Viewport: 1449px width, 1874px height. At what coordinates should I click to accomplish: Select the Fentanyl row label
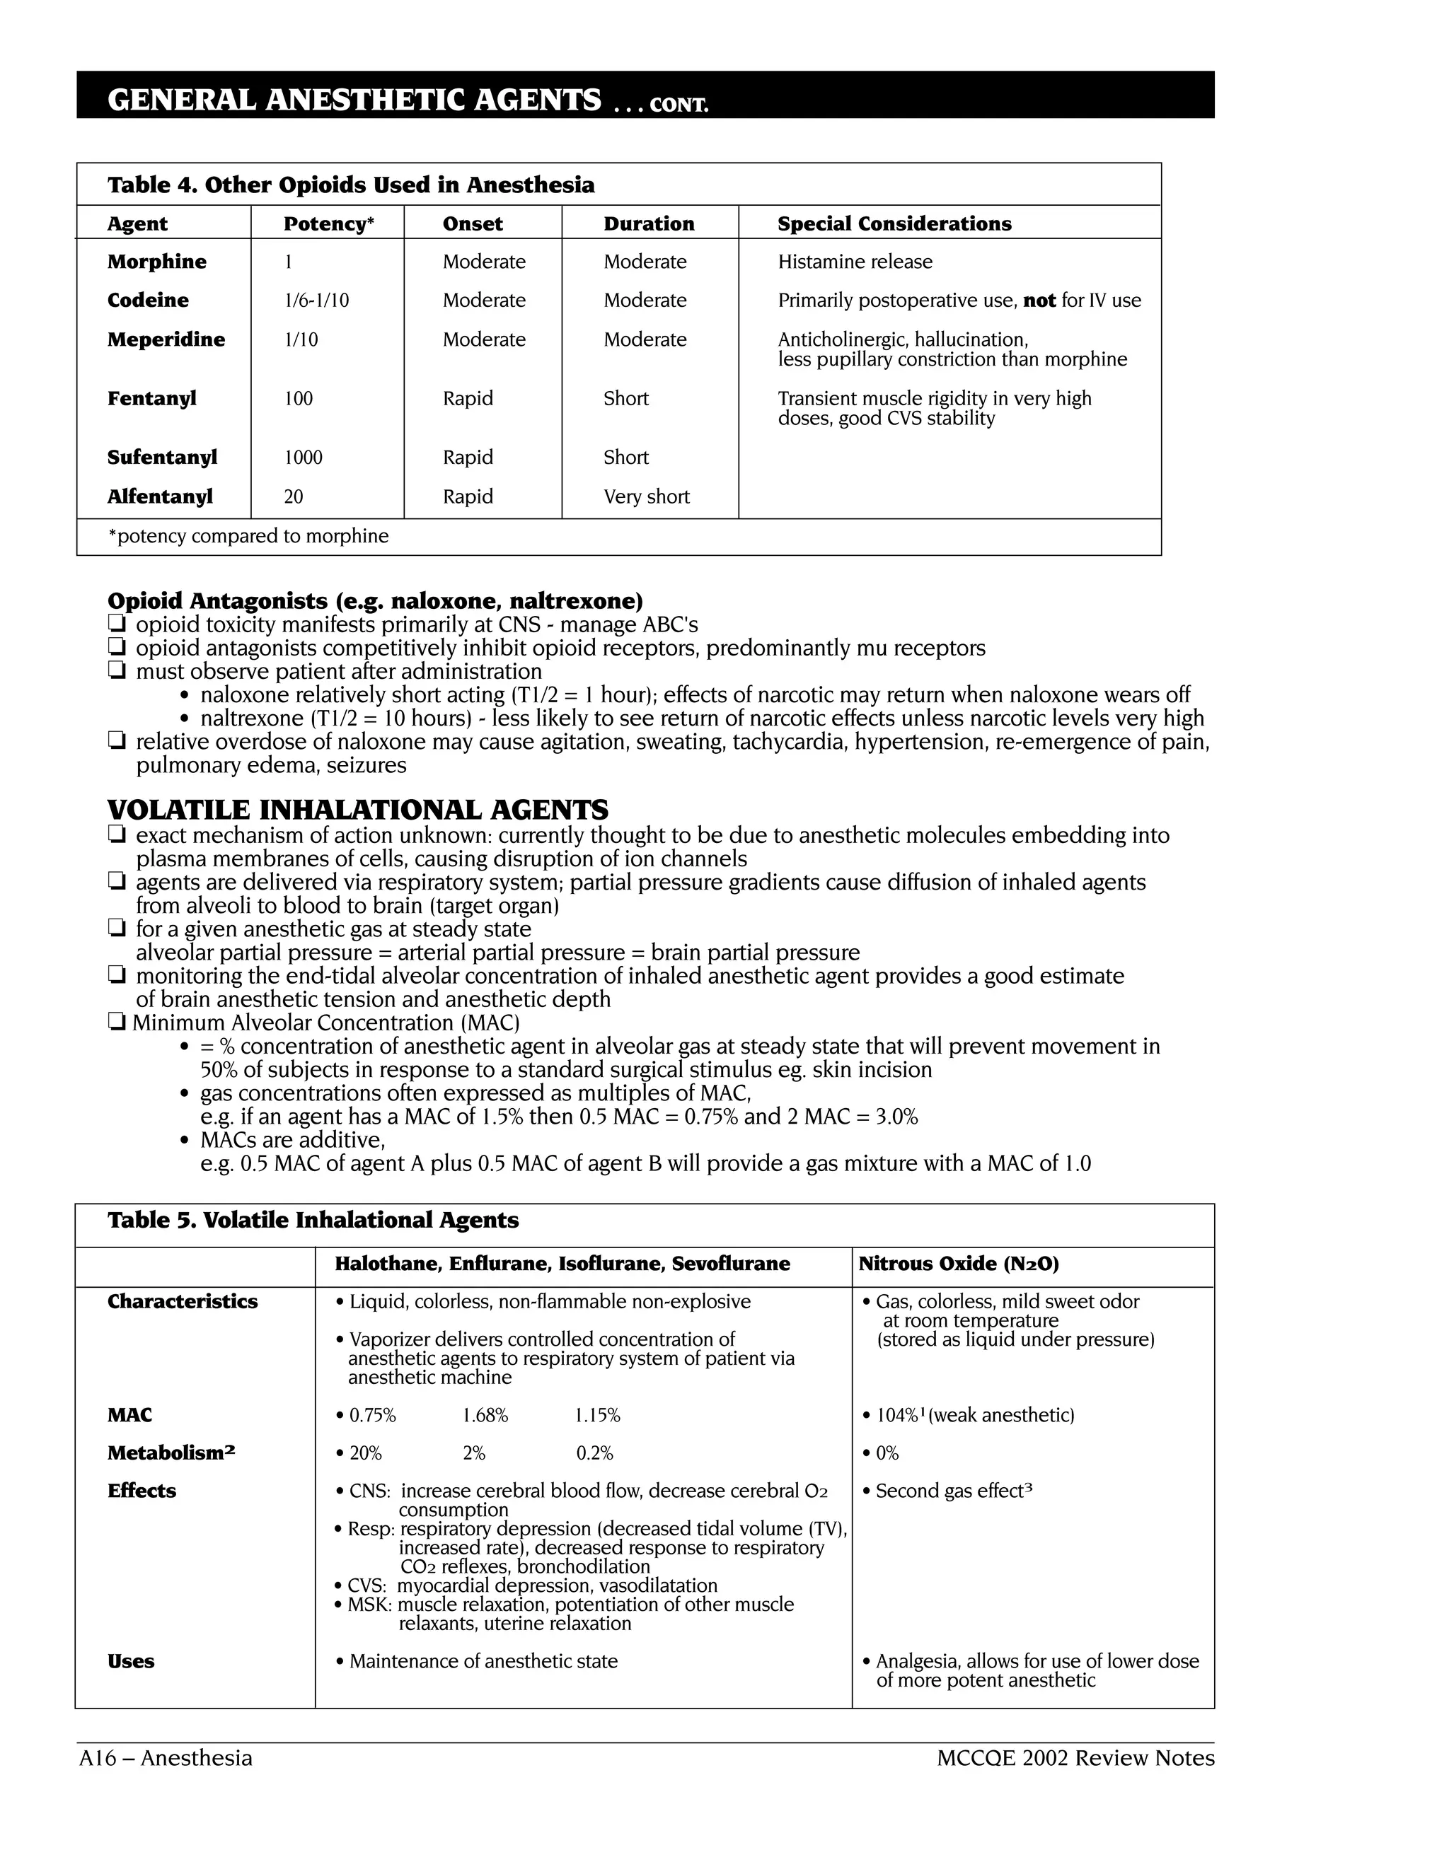click(152, 398)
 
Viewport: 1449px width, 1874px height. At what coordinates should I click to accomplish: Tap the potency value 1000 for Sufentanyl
click(303, 458)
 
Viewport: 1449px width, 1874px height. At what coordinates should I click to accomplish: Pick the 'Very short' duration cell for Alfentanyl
click(647, 497)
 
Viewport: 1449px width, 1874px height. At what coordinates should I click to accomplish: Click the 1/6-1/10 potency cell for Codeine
click(316, 301)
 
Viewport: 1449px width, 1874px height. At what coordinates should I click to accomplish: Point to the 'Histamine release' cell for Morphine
click(855, 262)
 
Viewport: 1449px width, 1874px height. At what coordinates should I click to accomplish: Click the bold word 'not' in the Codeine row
click(1039, 301)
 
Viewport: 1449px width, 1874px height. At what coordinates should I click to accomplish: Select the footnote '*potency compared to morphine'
click(248, 536)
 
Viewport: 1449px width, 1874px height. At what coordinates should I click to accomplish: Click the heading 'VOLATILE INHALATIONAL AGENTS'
click(357, 809)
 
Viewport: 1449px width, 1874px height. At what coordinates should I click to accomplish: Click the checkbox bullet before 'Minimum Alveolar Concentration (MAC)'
click(117, 1023)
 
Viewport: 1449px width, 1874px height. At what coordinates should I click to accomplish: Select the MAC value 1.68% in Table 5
click(485, 1415)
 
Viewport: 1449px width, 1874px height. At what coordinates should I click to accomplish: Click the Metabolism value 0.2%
click(594, 1453)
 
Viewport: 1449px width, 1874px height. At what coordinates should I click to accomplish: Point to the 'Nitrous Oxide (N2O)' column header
click(958, 1263)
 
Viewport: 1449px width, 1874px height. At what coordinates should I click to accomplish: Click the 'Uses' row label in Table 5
click(130, 1661)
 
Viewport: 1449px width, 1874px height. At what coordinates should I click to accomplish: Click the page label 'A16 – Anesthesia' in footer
click(166, 1758)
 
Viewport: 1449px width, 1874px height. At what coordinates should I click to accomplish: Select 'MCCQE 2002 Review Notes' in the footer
click(1075, 1758)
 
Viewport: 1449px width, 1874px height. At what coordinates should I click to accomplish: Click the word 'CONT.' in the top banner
click(678, 105)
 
